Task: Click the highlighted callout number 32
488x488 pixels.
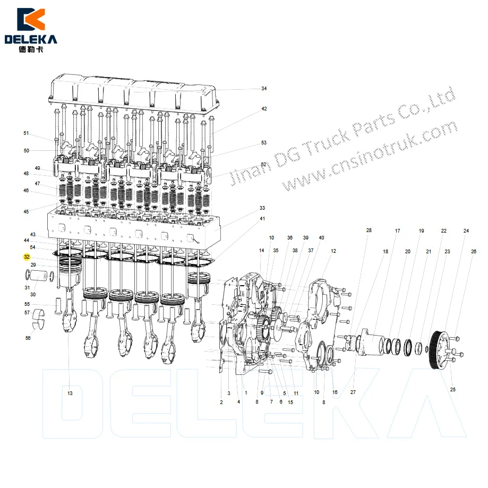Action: pyautogui.click(x=27, y=257)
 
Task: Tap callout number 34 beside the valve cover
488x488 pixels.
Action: pyautogui.click(x=264, y=89)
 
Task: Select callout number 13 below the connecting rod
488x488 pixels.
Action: pyautogui.click(x=70, y=393)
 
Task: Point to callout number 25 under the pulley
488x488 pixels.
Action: pyautogui.click(x=453, y=390)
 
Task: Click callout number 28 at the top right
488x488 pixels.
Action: pyautogui.click(x=369, y=230)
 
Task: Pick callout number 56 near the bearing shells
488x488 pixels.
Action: pyautogui.click(x=28, y=338)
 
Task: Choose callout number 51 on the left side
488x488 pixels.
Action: pyautogui.click(x=26, y=133)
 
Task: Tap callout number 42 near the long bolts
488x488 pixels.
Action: pyautogui.click(x=264, y=109)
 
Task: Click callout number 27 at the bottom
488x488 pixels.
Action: pyautogui.click(x=353, y=392)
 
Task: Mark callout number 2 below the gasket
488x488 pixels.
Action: pyautogui.click(x=221, y=402)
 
